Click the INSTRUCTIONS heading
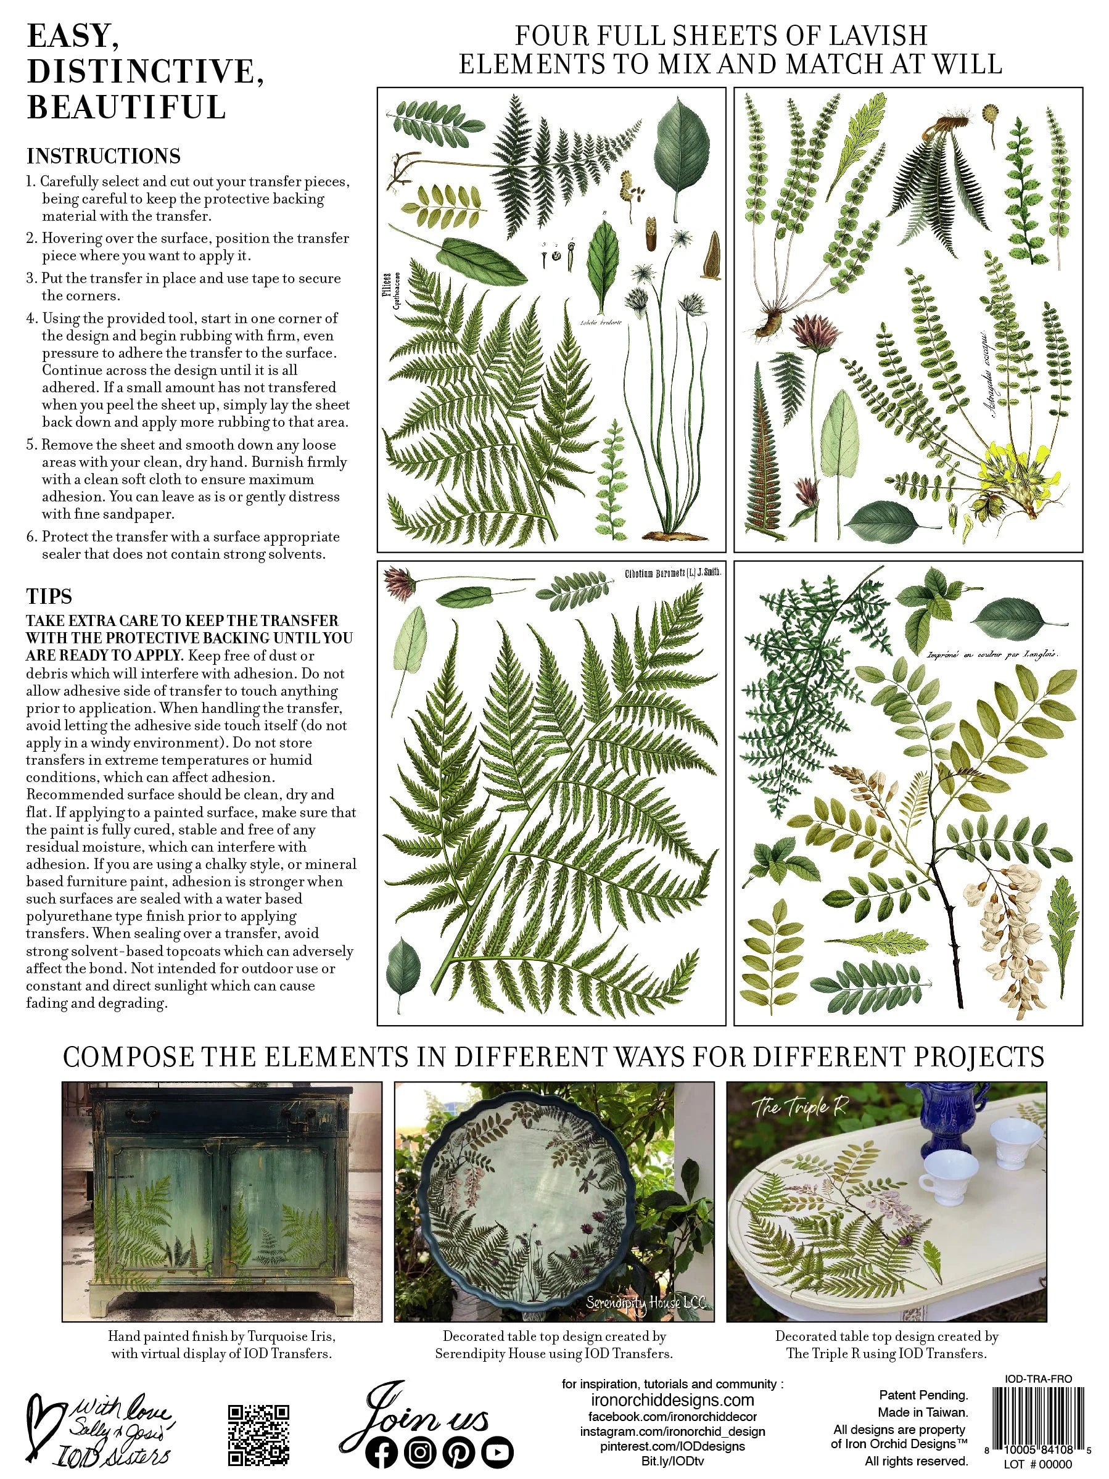(104, 157)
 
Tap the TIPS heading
(49, 596)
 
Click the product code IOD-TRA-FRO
(1038, 1378)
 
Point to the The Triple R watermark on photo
(799, 1108)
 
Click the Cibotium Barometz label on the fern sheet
(672, 572)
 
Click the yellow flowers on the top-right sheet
(1006, 456)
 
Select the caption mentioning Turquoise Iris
(221, 1345)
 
